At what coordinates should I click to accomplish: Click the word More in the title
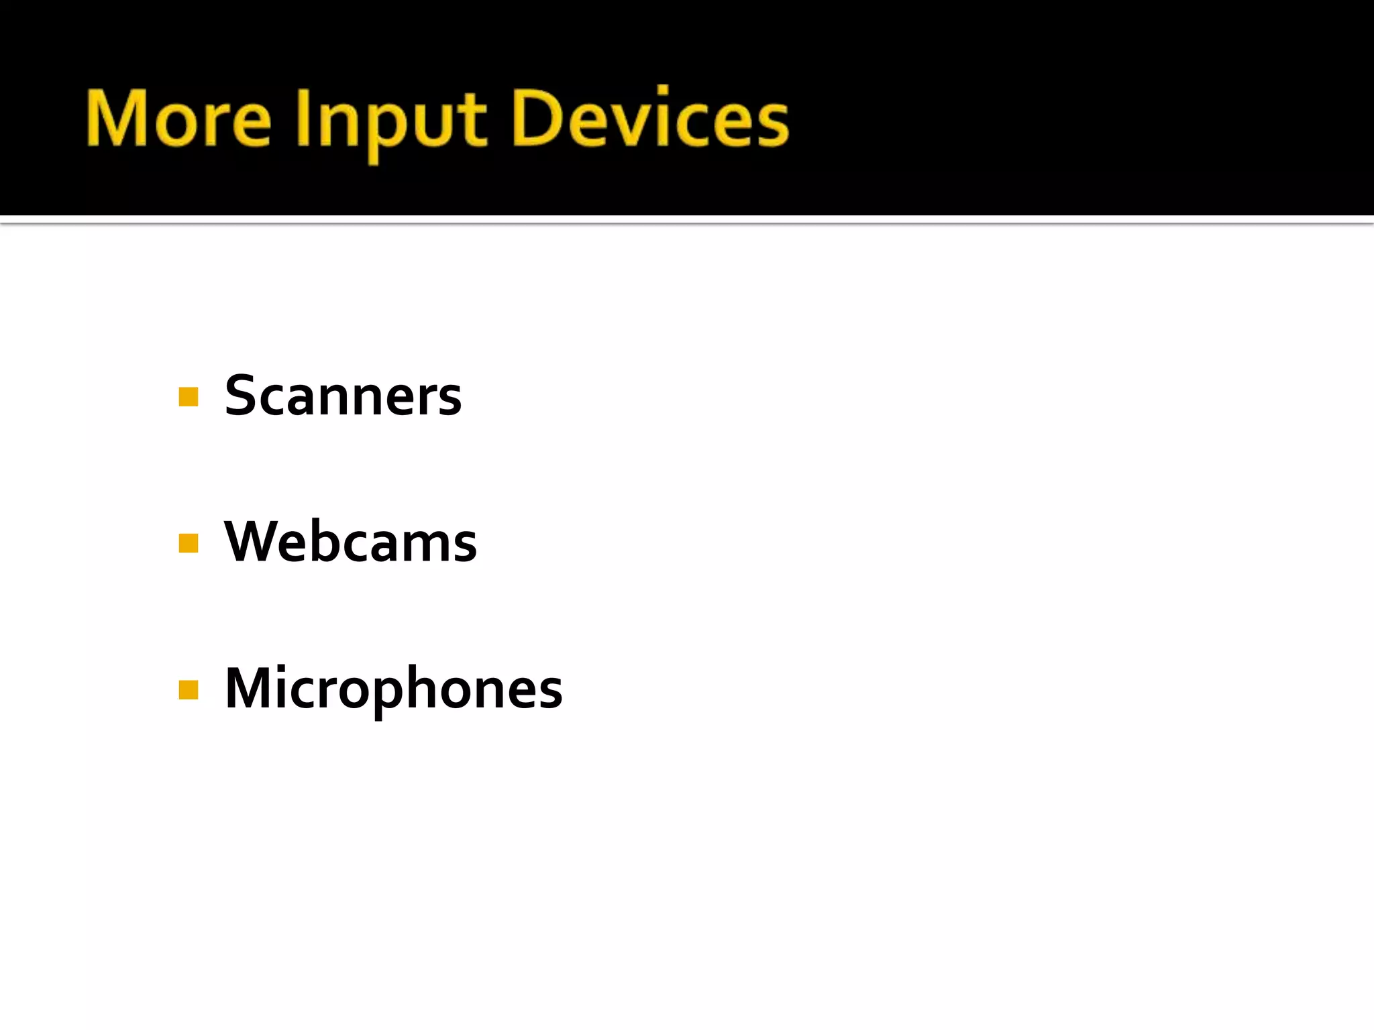[178, 119]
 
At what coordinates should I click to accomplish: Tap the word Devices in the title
[649, 119]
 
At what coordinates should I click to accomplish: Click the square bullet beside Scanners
[189, 397]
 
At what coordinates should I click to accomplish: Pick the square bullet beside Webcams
[189, 542]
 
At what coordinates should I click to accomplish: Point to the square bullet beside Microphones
[189, 689]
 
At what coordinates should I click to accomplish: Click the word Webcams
[350, 542]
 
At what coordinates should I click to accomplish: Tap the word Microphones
[393, 689]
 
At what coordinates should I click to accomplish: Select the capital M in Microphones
[252, 688]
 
